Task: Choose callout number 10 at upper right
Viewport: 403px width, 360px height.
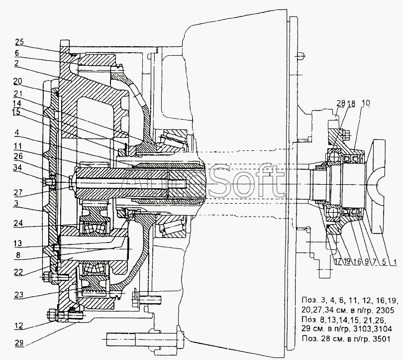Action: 366,103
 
